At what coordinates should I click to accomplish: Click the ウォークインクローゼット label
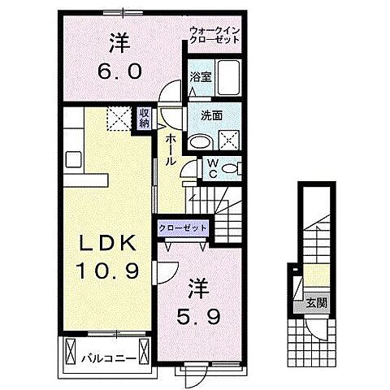click(x=214, y=34)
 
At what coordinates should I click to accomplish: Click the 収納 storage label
click(x=144, y=119)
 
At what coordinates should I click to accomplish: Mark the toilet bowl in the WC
click(x=232, y=169)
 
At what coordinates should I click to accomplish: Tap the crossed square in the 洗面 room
click(x=231, y=139)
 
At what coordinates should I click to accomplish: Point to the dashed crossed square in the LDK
click(x=119, y=120)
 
